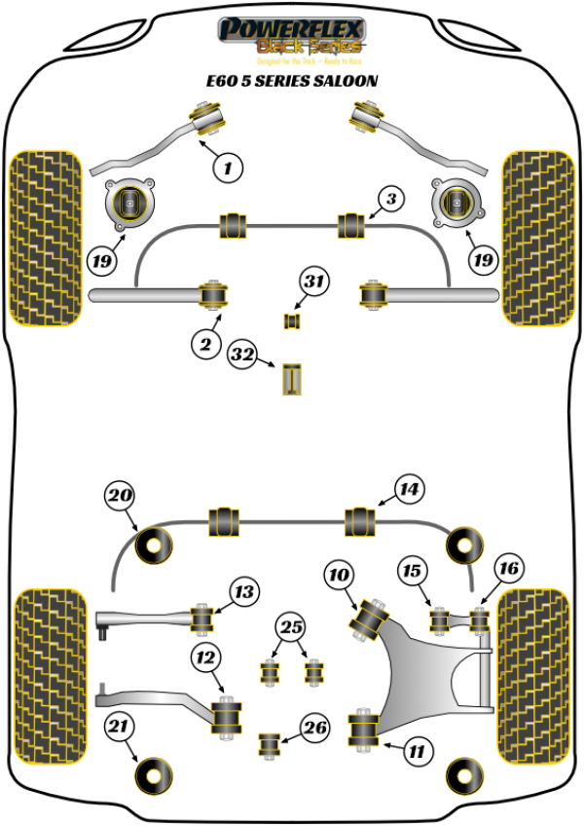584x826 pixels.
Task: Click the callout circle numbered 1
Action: [x=228, y=168]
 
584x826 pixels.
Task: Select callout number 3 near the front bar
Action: [x=389, y=201]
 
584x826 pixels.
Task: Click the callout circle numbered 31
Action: [x=312, y=282]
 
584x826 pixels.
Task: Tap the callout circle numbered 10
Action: [x=340, y=577]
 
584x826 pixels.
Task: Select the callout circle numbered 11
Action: [x=416, y=750]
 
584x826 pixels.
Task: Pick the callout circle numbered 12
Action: [x=205, y=658]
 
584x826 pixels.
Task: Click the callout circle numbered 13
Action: [x=244, y=590]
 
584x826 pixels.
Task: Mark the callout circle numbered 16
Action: [x=508, y=567]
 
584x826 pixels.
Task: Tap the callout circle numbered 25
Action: [x=289, y=627]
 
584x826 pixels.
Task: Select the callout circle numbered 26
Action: [x=314, y=726]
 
